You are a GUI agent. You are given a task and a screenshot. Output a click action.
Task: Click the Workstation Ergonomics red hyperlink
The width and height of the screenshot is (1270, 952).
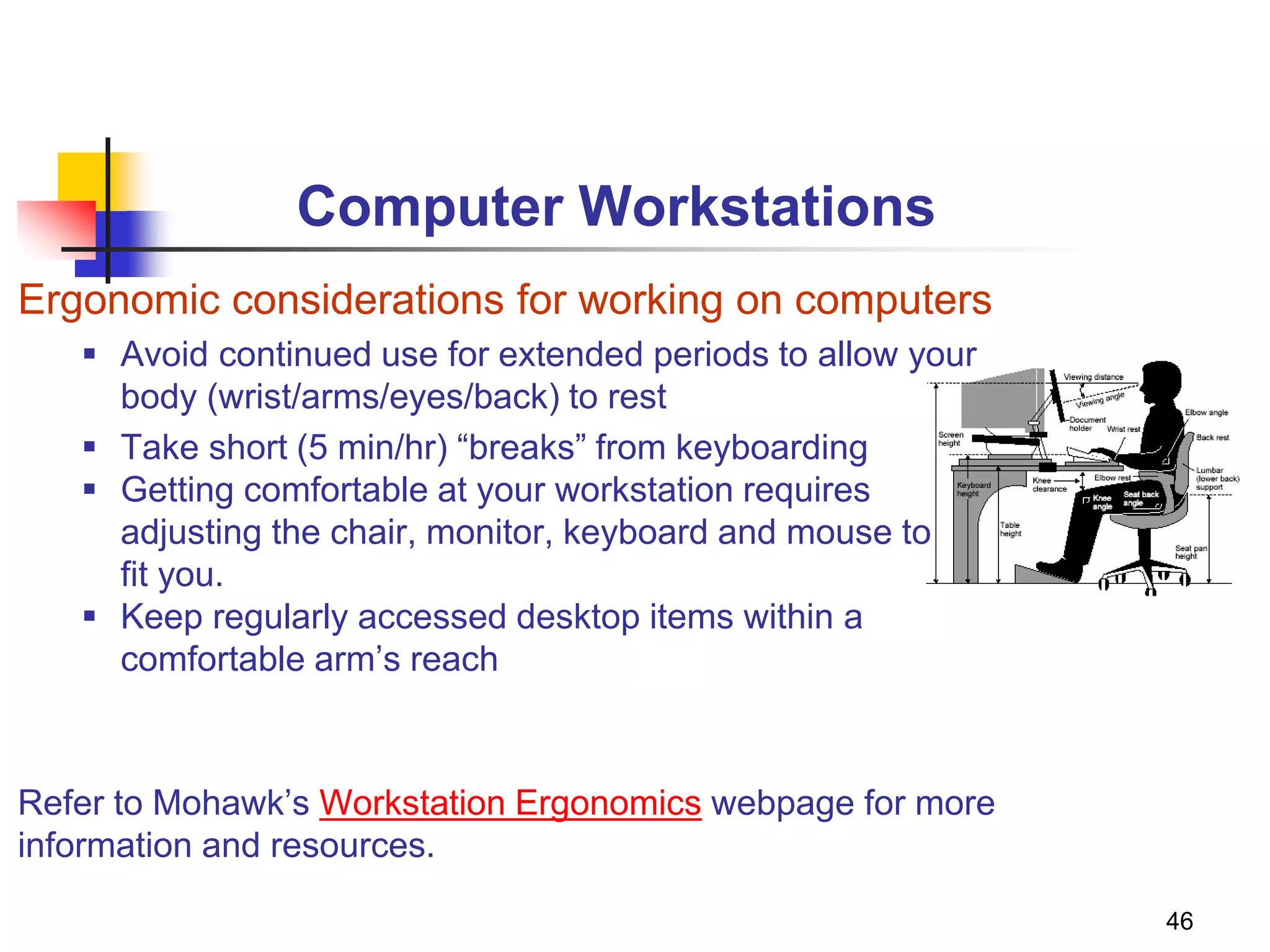click(510, 803)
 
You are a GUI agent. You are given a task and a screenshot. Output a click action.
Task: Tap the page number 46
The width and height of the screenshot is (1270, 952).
click(1179, 921)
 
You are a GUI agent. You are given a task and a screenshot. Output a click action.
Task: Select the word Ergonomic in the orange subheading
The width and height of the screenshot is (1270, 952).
click(118, 301)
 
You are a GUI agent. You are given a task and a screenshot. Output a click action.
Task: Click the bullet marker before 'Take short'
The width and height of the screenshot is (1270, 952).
click(90, 446)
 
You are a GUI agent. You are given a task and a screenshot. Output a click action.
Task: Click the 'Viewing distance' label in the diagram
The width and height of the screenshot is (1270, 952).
click(1093, 377)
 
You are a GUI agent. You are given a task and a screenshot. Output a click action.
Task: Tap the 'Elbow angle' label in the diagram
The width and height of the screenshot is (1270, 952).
click(1206, 412)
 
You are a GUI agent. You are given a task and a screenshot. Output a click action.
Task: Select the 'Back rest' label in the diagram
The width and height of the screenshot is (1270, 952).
click(1212, 438)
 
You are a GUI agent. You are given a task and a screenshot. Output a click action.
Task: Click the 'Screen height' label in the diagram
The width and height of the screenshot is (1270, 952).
click(950, 439)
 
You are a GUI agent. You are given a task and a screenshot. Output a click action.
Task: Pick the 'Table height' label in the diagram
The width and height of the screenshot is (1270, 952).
click(1010, 529)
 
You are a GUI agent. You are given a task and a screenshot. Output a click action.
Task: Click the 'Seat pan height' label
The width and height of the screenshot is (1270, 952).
click(1190, 552)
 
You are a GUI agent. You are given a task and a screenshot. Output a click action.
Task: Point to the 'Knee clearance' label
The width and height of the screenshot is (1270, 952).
click(1048, 485)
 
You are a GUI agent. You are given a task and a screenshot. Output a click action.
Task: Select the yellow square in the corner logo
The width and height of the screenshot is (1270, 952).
click(81, 177)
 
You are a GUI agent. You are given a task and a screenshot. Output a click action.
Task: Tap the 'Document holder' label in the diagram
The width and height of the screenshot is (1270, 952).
click(1086, 424)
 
